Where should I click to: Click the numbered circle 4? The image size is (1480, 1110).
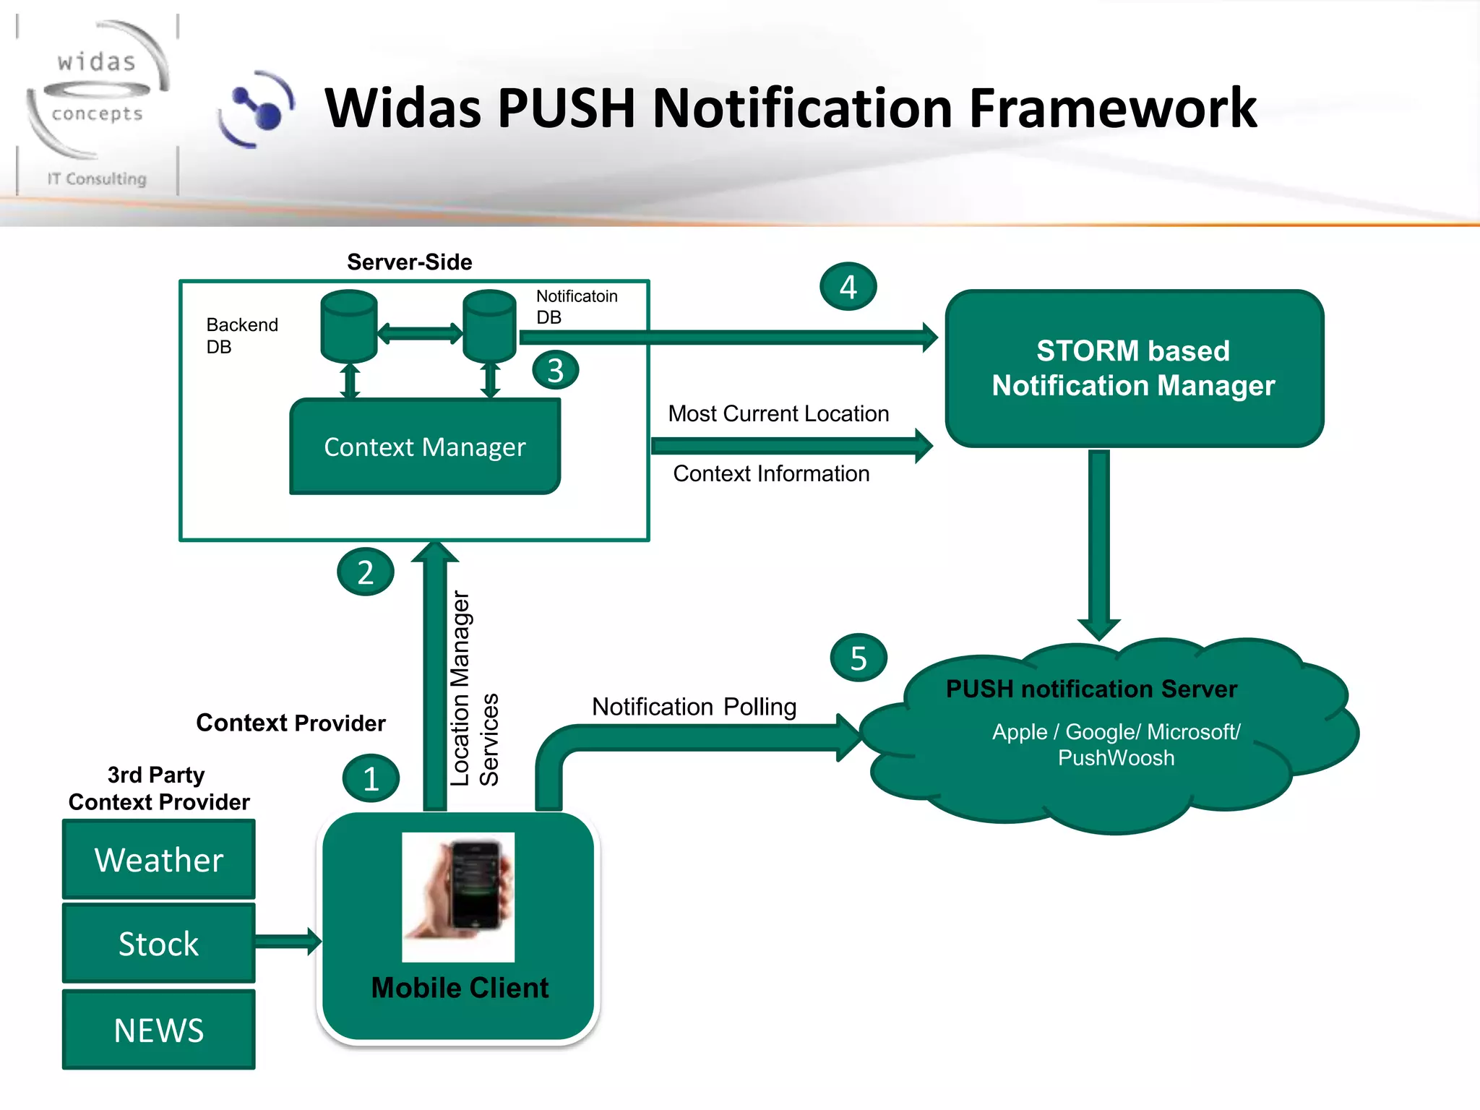pyautogui.click(x=848, y=287)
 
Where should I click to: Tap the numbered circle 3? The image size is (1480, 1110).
pyautogui.click(x=555, y=370)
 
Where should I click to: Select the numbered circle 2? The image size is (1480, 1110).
pyautogui.click(x=366, y=572)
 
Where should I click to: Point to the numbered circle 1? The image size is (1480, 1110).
pyautogui.click(x=371, y=778)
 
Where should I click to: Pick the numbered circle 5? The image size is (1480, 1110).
pyautogui.click(x=859, y=658)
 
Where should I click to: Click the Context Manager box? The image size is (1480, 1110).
pyautogui.click(x=425, y=447)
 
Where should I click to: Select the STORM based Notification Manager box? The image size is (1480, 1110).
pyautogui.click(x=1133, y=369)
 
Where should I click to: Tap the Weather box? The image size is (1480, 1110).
pyautogui.click(x=159, y=859)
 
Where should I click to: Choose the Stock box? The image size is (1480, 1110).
pyautogui.click(x=159, y=943)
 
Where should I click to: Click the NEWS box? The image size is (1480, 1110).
pyautogui.click(x=159, y=1029)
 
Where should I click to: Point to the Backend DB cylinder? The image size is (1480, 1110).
pyautogui.click(x=349, y=327)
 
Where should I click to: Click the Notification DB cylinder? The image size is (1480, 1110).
pyautogui.click(x=489, y=327)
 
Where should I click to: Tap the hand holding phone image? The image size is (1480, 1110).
pyautogui.click(x=458, y=897)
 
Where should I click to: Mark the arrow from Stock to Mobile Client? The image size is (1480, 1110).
pyautogui.click(x=288, y=941)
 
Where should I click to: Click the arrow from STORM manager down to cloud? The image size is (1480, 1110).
pyautogui.click(x=1098, y=542)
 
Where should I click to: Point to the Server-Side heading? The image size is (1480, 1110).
pyautogui.click(x=409, y=262)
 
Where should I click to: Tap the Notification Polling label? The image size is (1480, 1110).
pyautogui.click(x=694, y=706)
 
